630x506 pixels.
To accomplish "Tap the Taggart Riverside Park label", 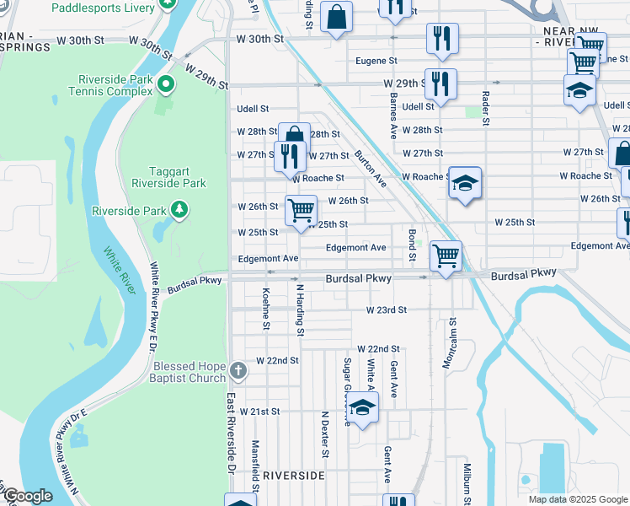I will pos(168,175).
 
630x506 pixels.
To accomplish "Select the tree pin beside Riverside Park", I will pos(179,208).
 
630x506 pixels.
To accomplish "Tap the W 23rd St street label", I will pos(387,310).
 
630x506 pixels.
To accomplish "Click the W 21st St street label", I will pos(259,412).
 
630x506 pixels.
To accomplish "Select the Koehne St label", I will pos(266,308).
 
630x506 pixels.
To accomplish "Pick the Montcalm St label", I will pos(453,332).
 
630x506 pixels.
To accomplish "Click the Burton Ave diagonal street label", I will pos(370,169).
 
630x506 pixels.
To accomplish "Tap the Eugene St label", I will pos(376,61).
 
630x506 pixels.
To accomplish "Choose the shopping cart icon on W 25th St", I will pos(301,210).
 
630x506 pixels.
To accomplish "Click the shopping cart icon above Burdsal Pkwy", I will pos(445,255).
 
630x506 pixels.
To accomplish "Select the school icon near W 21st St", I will pos(362,407).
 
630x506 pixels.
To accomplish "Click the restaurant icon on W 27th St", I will pos(289,155).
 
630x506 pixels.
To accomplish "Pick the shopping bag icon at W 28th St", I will pos(294,136).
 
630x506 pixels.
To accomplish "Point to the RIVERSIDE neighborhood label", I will pos(293,476).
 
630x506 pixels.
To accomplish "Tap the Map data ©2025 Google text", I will pos(577,499).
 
